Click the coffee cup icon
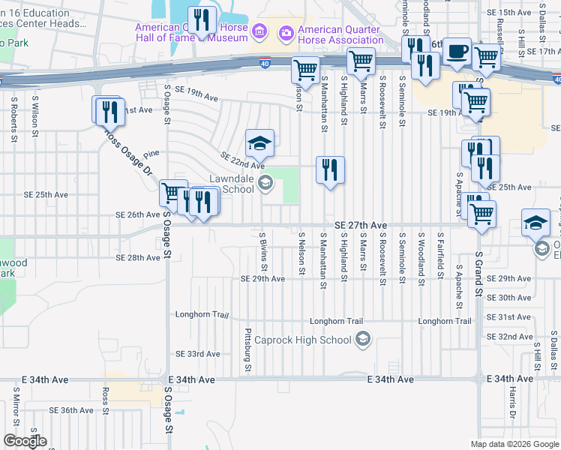pos(457,52)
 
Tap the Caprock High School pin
pos(364,340)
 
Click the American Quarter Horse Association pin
pos(285,32)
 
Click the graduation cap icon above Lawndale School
pos(259,143)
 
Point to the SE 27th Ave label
pos(360,225)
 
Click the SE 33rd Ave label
pos(198,353)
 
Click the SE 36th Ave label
pos(71,410)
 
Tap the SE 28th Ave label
pos(138,257)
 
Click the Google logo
pos(25,441)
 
